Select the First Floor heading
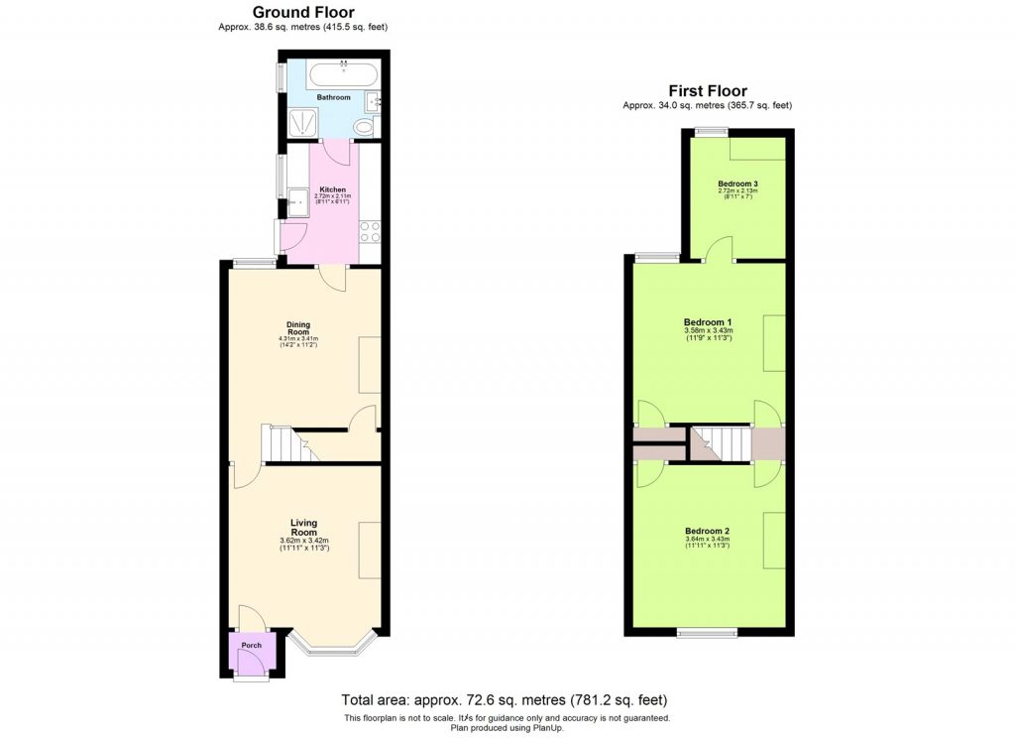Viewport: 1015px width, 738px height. pyautogui.click(x=707, y=91)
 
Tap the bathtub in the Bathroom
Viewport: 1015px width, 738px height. pyautogui.click(x=341, y=75)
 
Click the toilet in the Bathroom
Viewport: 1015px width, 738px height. pyautogui.click(x=364, y=128)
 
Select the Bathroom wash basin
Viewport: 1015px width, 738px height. pyautogui.click(x=376, y=100)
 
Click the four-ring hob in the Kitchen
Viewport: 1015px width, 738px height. pyautogui.click(x=369, y=232)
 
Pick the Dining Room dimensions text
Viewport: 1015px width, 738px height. pyautogui.click(x=298, y=342)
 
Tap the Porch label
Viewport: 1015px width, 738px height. pyautogui.click(x=251, y=645)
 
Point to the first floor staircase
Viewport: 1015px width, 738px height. pyautogui.click(x=721, y=443)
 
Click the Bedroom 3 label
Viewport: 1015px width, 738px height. pyautogui.click(x=737, y=184)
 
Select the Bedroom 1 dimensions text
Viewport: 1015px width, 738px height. pyautogui.click(x=708, y=334)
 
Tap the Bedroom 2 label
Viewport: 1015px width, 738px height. pyautogui.click(x=708, y=531)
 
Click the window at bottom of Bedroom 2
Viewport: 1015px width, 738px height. pyautogui.click(x=707, y=631)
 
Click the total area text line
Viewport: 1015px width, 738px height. pyautogui.click(x=505, y=698)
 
